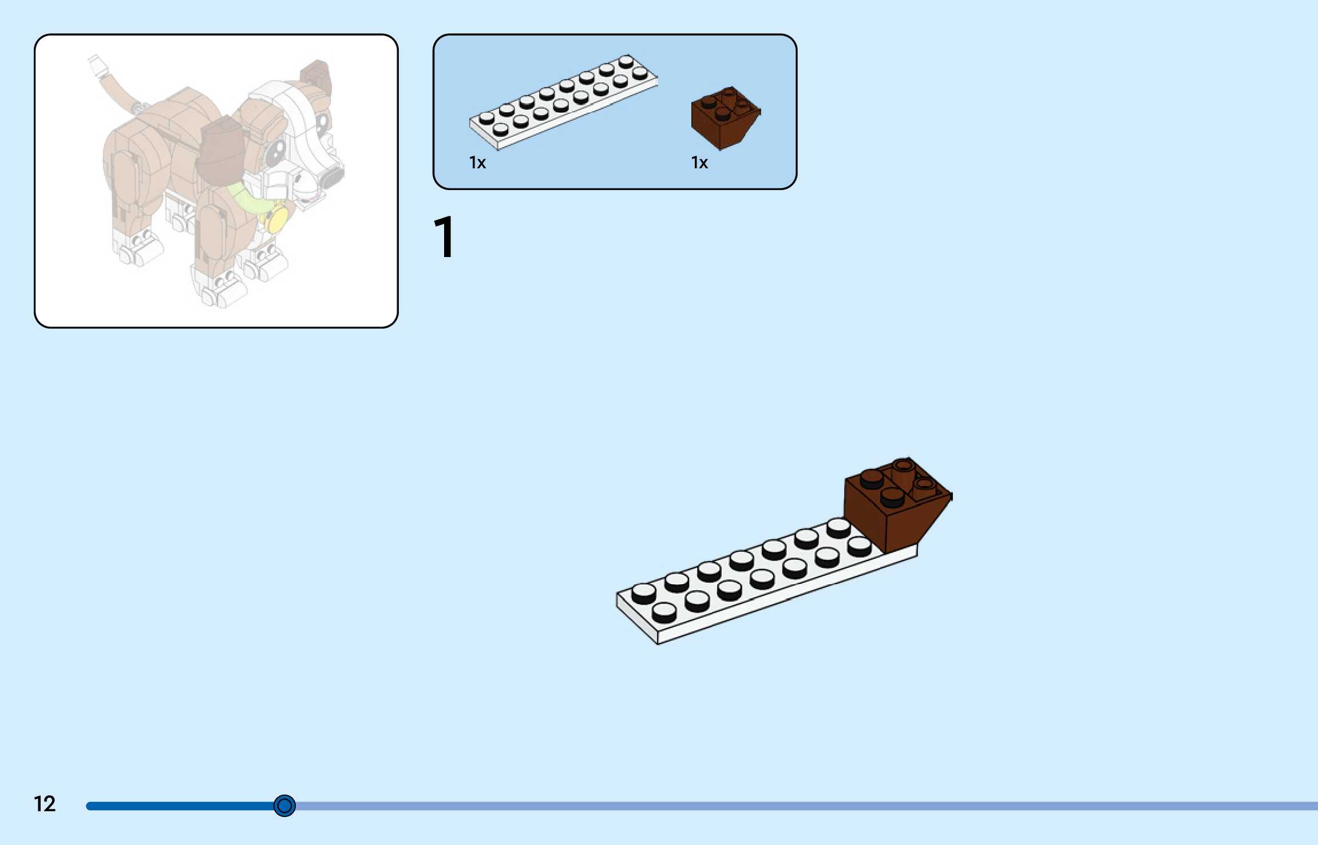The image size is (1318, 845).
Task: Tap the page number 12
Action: click(x=45, y=804)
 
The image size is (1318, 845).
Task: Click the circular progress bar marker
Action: click(x=284, y=805)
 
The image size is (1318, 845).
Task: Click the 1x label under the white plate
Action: click(x=477, y=163)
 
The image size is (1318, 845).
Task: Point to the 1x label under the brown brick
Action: click(x=699, y=163)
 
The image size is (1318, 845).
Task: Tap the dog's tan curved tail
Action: click(x=117, y=94)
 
